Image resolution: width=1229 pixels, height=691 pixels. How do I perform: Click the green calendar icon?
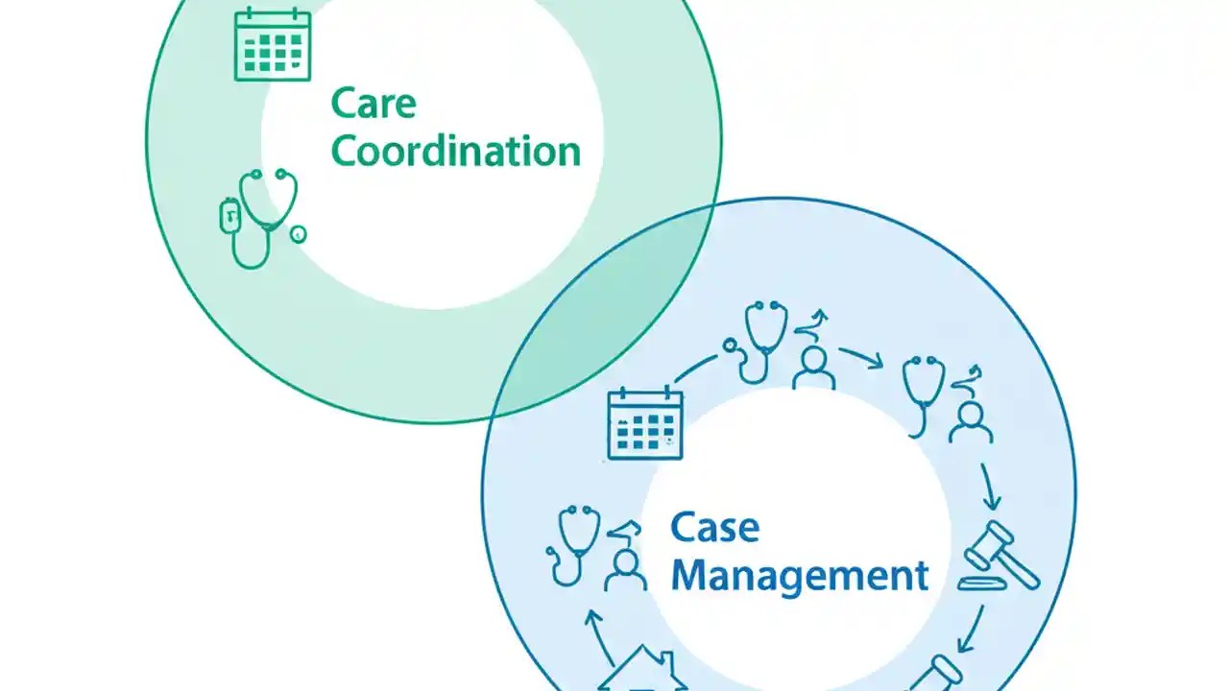click(273, 44)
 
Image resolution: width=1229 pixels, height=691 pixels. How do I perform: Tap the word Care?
click(374, 104)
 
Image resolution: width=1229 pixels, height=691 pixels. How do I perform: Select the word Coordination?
click(456, 151)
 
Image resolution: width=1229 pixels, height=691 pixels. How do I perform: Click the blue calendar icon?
click(645, 423)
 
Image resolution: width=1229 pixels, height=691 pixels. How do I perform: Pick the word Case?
click(714, 527)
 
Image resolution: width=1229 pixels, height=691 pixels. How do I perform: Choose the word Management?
click(800, 576)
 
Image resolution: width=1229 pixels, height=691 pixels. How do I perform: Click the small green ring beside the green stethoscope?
click(299, 234)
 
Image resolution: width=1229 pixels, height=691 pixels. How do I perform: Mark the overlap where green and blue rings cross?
click(614, 307)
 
